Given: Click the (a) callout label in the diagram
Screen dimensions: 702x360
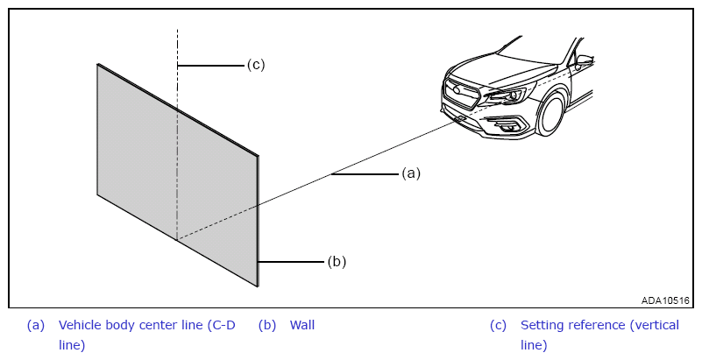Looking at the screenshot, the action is coord(411,173).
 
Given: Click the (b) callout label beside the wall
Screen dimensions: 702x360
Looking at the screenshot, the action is coord(337,261).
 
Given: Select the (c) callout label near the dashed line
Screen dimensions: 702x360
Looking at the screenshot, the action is coord(256,65).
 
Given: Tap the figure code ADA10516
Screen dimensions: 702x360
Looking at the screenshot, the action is coord(665,300).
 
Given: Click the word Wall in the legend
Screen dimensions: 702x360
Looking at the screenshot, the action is coord(302,325).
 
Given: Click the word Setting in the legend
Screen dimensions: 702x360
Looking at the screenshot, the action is coord(539,325).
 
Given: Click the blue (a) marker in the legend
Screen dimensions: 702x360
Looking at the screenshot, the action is coord(36,325).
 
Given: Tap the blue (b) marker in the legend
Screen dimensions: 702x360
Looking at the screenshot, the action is coord(267,325).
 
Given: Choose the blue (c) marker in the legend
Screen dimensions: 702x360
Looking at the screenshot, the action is coord(498,325).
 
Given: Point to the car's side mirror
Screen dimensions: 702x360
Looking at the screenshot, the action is coord(585,60).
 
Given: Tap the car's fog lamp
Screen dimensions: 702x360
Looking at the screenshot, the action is coord(507,125).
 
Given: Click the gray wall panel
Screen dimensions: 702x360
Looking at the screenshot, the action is coord(178,175).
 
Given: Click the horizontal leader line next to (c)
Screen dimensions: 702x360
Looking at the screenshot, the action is coord(210,66).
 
